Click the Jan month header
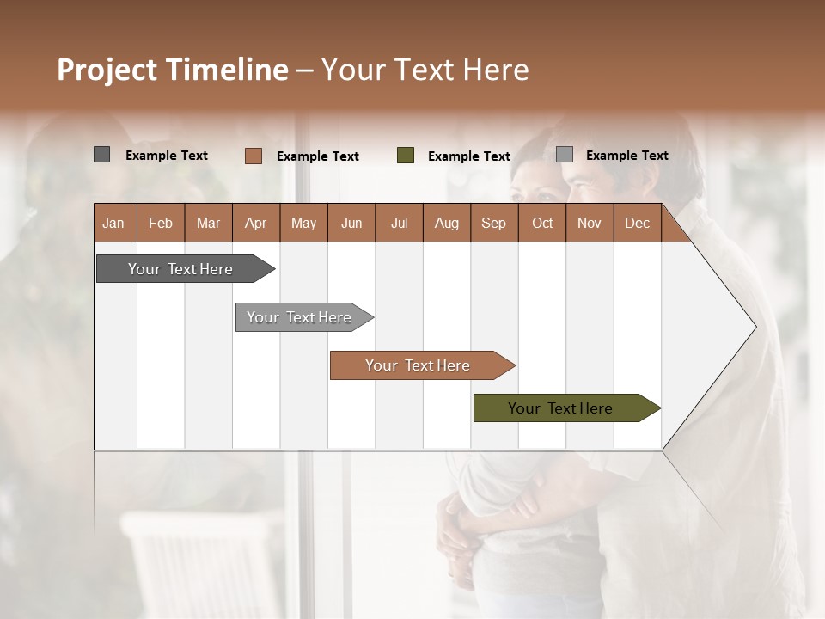click(114, 223)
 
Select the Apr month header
click(256, 223)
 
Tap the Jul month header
click(399, 223)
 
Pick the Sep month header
click(493, 223)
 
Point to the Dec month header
click(637, 223)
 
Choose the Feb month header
click(161, 223)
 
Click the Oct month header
click(541, 223)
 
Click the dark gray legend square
click(101, 155)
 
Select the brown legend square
click(253, 156)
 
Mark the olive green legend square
click(406, 156)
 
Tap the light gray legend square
click(564, 155)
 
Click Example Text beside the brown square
click(318, 156)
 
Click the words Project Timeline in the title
click(173, 70)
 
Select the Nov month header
click(590, 223)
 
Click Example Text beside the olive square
click(469, 156)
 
